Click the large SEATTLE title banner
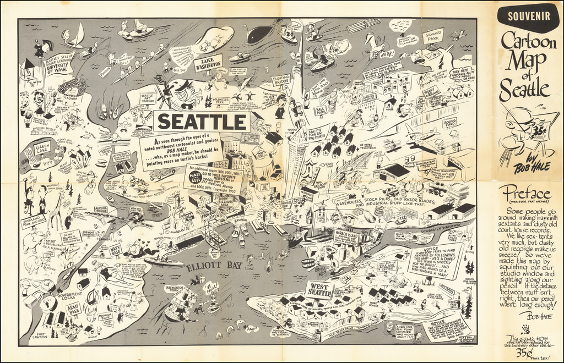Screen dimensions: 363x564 (x=201, y=120)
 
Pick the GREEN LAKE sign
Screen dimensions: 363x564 (x=42, y=148)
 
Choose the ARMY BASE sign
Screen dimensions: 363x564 (x=74, y=310)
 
